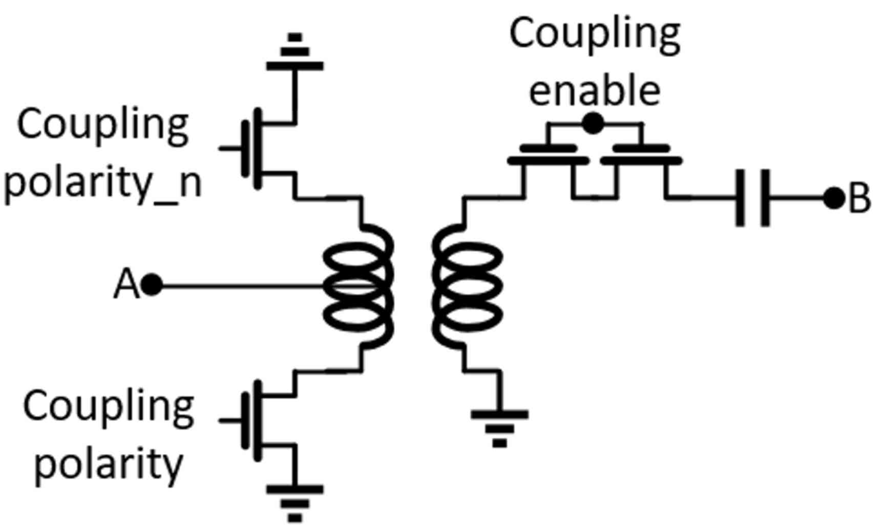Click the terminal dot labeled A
[151, 285]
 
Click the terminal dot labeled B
[833, 198]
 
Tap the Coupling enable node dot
[593, 124]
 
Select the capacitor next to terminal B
[752, 198]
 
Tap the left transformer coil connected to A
[359, 286]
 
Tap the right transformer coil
[466, 286]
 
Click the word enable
[594, 90]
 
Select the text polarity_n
[102, 183]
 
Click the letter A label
[125, 285]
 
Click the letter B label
[859, 198]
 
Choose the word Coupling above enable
[594, 34]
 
